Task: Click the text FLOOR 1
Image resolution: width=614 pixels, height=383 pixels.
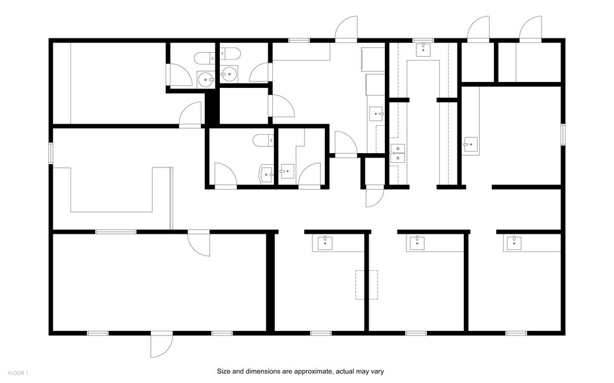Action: [x=18, y=373]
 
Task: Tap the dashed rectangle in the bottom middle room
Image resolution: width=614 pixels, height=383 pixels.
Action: [x=367, y=285]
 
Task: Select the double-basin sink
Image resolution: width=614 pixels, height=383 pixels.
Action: [x=397, y=152]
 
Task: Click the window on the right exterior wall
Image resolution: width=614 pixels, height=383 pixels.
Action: [x=562, y=134]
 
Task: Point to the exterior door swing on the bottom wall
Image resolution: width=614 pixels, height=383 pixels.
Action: [x=162, y=346]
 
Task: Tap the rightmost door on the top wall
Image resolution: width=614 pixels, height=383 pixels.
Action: [x=530, y=29]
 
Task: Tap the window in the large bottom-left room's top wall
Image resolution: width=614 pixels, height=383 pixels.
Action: [x=115, y=232]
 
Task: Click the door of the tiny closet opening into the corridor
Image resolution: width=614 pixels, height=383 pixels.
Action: [x=374, y=196]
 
